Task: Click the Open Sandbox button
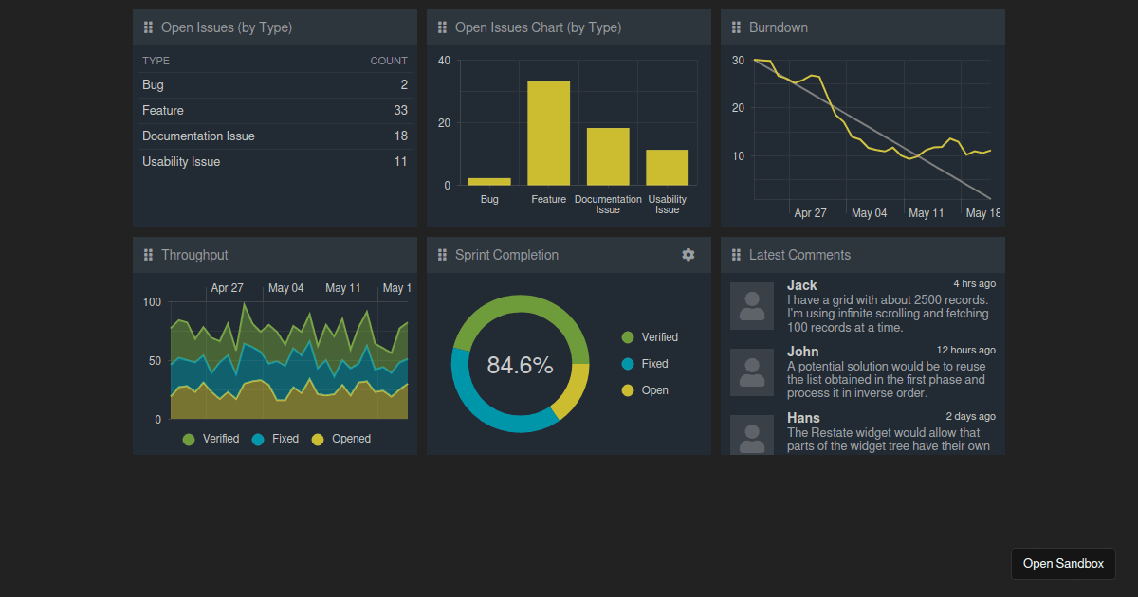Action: point(1063,564)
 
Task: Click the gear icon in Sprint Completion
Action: point(688,255)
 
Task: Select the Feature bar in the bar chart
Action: point(548,134)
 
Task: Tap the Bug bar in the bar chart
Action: point(489,181)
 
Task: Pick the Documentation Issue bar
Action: point(608,156)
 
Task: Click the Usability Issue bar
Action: point(667,168)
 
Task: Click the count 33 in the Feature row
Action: point(400,111)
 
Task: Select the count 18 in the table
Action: point(400,136)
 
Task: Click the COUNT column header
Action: point(388,61)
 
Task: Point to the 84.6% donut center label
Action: point(520,365)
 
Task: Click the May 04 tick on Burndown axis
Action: point(869,213)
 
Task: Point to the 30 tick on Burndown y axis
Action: point(738,60)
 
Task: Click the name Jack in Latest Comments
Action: point(801,285)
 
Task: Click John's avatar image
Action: point(752,372)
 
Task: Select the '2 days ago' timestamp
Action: point(970,416)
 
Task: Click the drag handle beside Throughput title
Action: point(148,255)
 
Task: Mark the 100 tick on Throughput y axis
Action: point(152,302)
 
